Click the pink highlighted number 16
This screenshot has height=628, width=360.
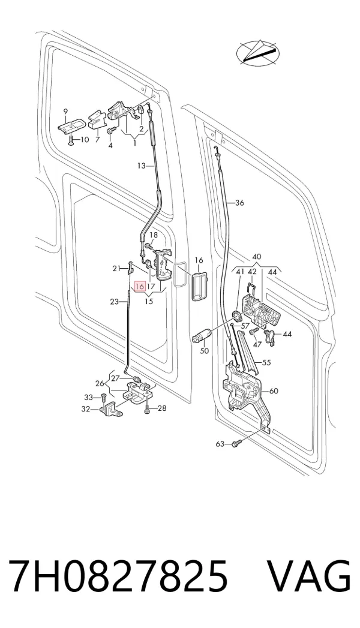pos(140,287)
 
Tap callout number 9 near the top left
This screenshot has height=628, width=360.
pos(65,111)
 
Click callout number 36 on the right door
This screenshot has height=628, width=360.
pos(239,203)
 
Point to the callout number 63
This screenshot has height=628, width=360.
pos(220,444)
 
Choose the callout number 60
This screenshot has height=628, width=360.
pos(274,391)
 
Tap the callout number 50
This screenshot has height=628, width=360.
pos(204,351)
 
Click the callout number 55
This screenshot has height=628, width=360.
pos(266,363)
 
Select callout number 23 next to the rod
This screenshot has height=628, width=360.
pos(114,302)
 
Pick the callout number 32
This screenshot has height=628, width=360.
pos(86,409)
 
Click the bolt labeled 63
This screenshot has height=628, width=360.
pos(237,443)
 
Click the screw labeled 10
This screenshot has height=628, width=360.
pos(71,140)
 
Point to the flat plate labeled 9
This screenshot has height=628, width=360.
pos(71,125)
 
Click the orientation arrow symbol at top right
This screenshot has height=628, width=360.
pos(258,52)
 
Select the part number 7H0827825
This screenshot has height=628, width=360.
pos(119,576)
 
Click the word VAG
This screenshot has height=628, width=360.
pos(309,576)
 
